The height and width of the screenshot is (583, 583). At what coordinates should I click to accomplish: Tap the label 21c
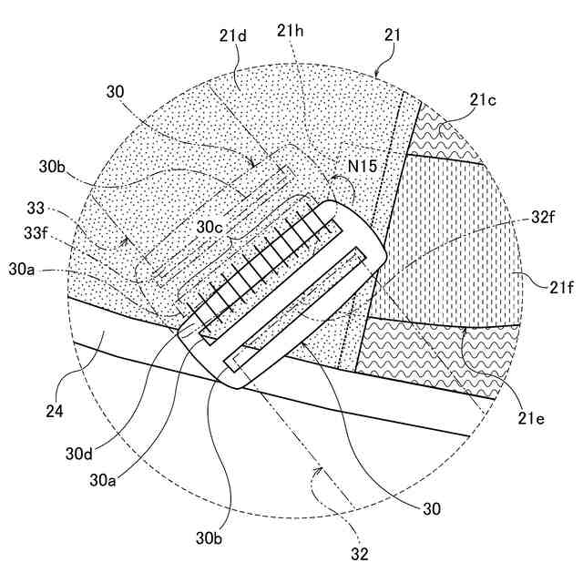483,100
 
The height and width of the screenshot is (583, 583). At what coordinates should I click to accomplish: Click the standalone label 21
393,36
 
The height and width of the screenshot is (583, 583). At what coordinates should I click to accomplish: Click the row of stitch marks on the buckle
264,264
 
